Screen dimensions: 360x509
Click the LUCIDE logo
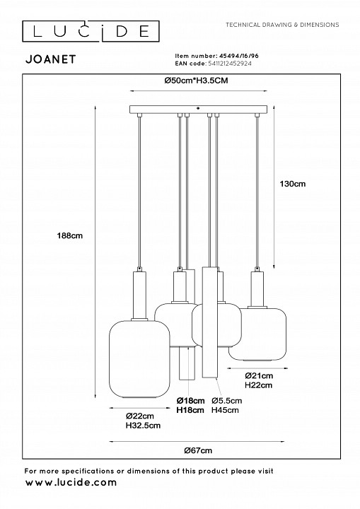(x=91, y=31)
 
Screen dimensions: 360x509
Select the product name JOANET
(x=51, y=59)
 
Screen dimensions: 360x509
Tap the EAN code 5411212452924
(x=229, y=64)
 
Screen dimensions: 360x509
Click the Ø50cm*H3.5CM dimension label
(x=196, y=81)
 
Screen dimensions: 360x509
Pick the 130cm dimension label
(x=293, y=184)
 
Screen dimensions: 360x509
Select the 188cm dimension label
(x=70, y=235)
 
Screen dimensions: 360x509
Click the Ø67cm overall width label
(x=198, y=450)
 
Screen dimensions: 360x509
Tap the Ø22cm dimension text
(x=140, y=416)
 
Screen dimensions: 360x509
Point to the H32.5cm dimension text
(x=143, y=426)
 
